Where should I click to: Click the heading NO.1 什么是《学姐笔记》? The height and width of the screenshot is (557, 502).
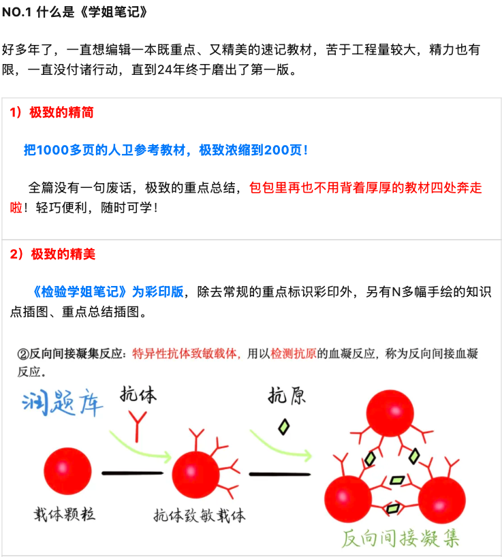74,12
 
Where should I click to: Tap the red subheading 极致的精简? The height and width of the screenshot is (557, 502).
61,112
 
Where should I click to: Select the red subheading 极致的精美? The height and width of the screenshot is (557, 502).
63,254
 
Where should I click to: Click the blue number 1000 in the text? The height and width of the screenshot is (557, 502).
52,150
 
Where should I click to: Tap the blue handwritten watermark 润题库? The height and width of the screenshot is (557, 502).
62,402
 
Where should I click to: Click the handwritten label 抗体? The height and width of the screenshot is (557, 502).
138,394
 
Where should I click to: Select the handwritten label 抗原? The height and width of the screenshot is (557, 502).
287,396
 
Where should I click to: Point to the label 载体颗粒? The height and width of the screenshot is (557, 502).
64,514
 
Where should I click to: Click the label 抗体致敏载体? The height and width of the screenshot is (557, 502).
200,515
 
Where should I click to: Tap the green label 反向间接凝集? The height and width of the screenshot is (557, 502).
401,538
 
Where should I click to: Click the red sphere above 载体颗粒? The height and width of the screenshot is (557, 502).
67,471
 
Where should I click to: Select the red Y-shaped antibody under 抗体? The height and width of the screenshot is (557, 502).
138,426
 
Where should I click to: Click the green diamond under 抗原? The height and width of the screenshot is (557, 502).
284,427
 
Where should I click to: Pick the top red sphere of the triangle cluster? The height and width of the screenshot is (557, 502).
390,413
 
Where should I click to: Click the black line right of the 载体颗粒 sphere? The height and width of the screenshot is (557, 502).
133,473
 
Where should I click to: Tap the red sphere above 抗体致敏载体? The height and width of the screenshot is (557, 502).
195,475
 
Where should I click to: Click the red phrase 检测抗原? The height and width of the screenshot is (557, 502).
294,353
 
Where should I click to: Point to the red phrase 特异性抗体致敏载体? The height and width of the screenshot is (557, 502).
185,353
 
